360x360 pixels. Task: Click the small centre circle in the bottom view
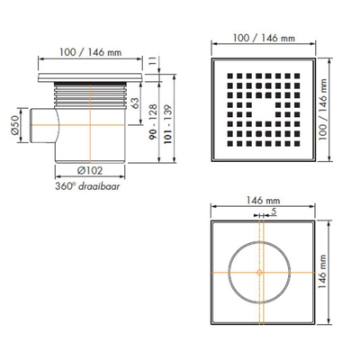(259, 269)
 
